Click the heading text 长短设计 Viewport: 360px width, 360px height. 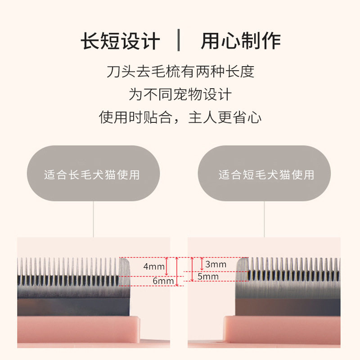(x=120, y=41)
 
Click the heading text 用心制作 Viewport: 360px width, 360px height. (x=241, y=41)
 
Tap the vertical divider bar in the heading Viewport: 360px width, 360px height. (x=180, y=41)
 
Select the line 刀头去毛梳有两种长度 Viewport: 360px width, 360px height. (x=180, y=72)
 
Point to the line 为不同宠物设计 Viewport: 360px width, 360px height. (x=180, y=94)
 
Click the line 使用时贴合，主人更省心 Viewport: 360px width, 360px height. (x=180, y=118)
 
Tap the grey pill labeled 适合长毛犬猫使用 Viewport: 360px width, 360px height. (x=93, y=174)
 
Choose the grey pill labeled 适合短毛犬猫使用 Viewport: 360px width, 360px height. (x=265, y=174)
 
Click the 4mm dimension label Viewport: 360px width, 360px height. (x=154, y=266)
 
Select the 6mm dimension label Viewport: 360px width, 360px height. (x=163, y=281)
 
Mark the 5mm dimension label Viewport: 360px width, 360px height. (x=208, y=277)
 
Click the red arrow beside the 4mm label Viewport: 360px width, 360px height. (x=167, y=266)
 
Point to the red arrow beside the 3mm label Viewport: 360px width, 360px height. (x=201, y=264)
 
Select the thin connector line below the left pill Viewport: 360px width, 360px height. (x=93, y=218)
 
